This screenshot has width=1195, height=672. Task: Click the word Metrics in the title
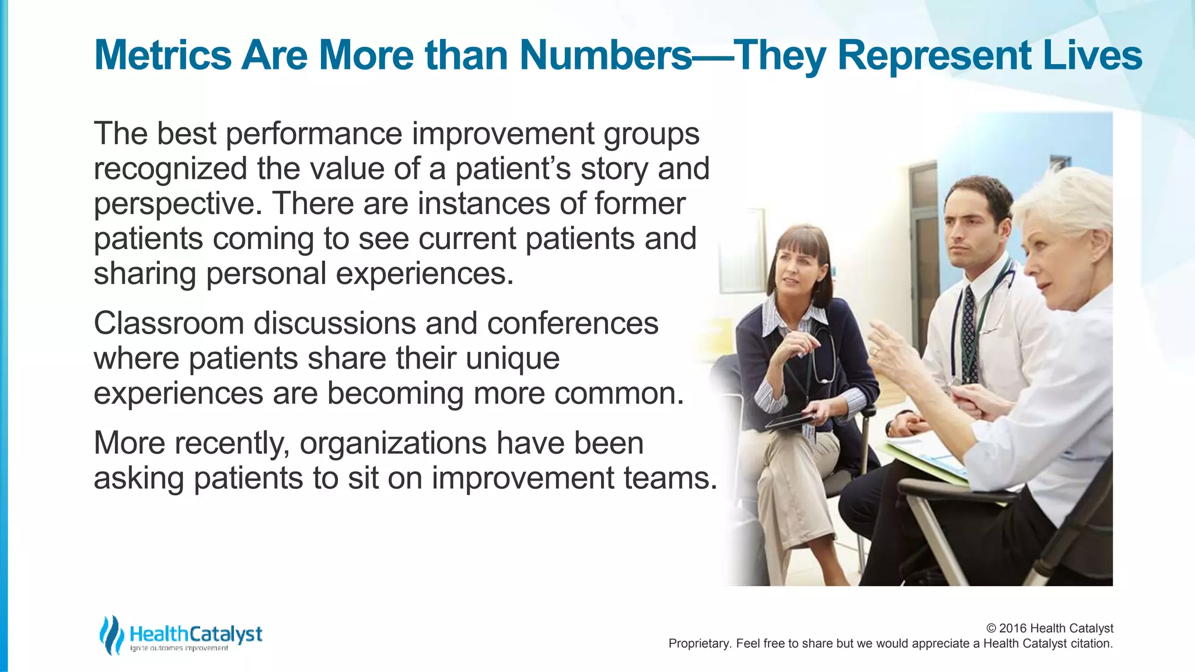pos(163,55)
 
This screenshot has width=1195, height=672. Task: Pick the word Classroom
pos(168,323)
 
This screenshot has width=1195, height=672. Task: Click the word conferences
pos(572,323)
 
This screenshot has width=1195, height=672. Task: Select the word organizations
pos(393,443)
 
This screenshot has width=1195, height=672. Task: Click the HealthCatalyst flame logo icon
pos(111,634)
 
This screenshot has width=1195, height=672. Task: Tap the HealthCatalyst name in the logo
pos(195,633)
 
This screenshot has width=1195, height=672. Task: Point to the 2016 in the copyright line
pos(1013,628)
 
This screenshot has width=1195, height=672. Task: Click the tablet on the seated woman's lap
pos(790,421)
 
